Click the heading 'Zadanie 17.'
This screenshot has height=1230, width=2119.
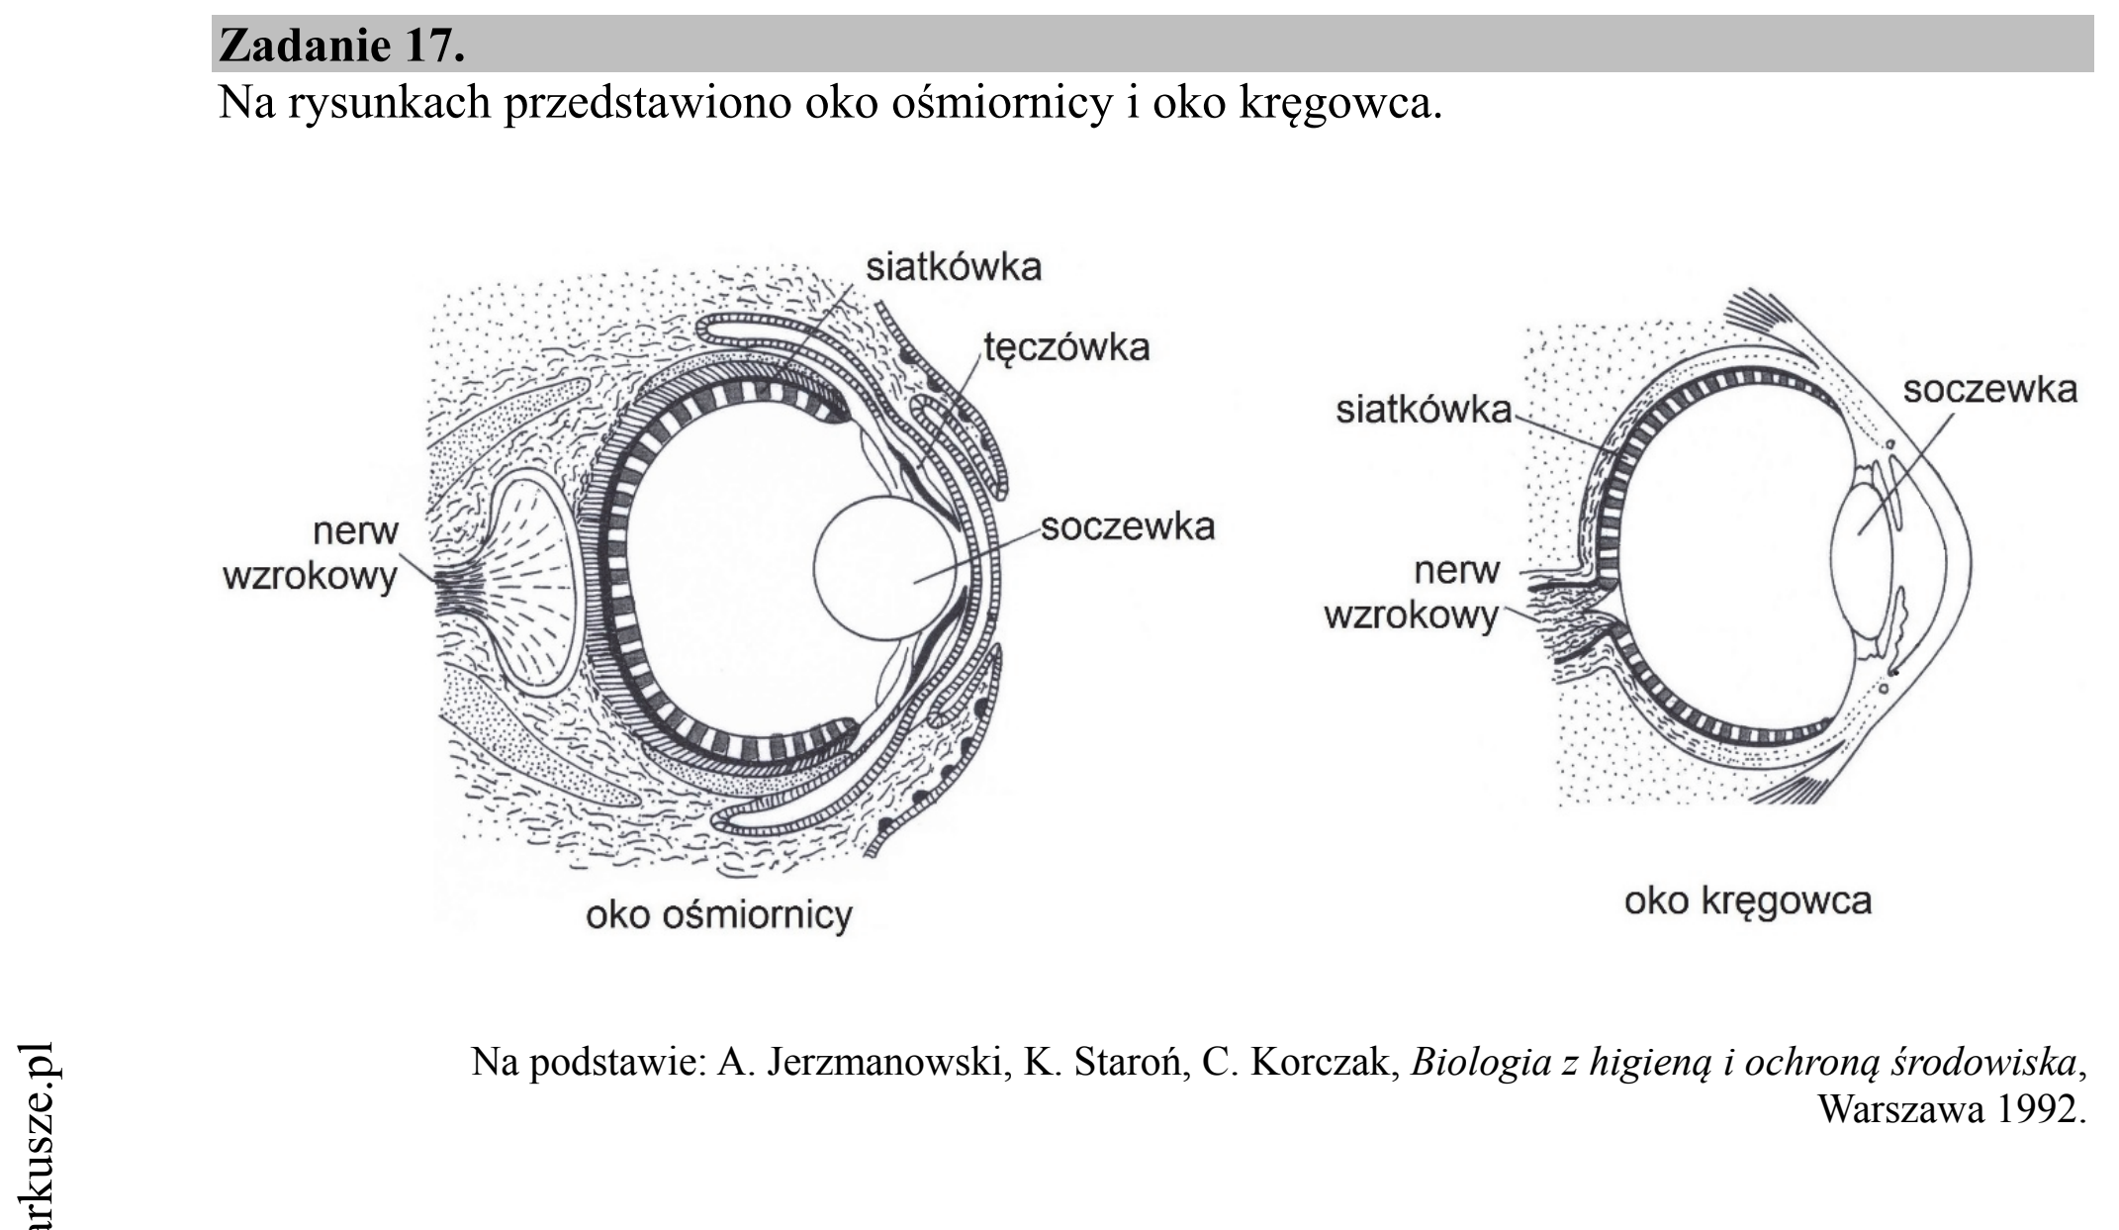click(x=341, y=45)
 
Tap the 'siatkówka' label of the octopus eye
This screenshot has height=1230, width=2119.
click(x=954, y=267)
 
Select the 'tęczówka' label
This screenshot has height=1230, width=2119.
click(x=1066, y=347)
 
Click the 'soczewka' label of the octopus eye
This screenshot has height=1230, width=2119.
click(x=1127, y=526)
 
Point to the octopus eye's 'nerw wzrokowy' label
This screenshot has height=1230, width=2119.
click(x=311, y=553)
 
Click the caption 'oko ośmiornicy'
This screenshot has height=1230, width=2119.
click(x=719, y=914)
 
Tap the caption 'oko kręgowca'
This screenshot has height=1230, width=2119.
click(x=1748, y=901)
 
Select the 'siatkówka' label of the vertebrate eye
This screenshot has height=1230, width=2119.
click(x=1424, y=409)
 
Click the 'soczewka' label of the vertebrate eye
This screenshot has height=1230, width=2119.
click(x=1989, y=389)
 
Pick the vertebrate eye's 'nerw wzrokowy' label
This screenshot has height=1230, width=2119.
click(x=1412, y=594)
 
